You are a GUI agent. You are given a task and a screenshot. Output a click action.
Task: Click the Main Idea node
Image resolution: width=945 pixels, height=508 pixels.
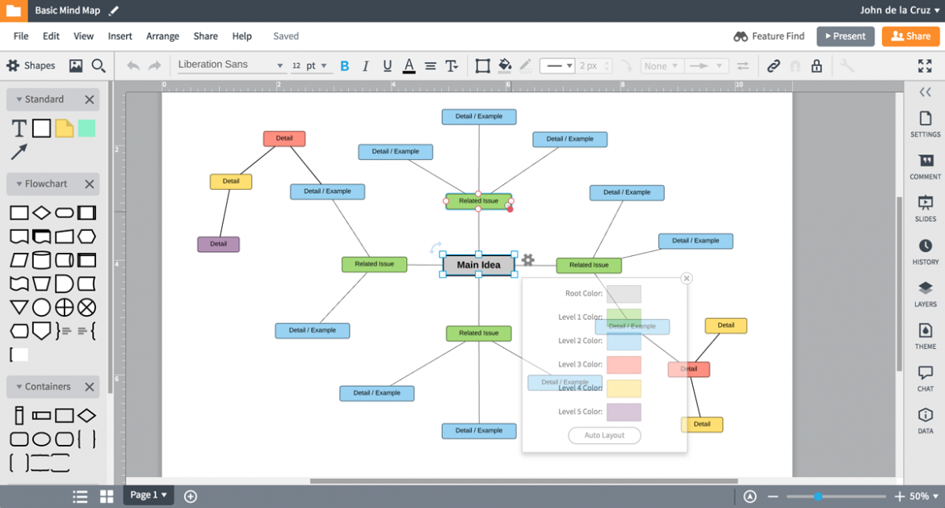click(478, 265)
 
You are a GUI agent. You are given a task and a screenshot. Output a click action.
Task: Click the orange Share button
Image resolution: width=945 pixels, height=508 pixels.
click(910, 36)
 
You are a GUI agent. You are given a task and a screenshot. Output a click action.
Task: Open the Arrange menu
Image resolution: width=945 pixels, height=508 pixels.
click(162, 36)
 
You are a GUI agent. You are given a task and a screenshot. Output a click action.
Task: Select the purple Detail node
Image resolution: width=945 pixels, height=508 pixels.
click(218, 244)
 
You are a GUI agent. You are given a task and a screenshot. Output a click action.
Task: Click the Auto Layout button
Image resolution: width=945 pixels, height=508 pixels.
click(604, 435)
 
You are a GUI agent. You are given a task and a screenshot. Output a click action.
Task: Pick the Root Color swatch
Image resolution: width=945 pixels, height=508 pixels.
click(624, 294)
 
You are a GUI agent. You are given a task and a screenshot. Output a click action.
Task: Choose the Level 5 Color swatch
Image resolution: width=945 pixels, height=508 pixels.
click(624, 412)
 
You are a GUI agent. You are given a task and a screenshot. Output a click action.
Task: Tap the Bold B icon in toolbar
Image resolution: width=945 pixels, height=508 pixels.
click(345, 66)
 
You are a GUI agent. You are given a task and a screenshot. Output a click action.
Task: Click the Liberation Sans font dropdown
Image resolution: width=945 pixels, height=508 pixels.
click(230, 65)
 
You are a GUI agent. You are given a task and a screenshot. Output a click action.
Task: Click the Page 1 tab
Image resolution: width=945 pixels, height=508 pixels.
click(148, 495)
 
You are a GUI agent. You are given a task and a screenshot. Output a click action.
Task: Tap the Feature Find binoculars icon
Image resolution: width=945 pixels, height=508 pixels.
click(741, 36)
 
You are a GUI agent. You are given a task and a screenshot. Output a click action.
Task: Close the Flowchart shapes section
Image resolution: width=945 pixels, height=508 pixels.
click(90, 184)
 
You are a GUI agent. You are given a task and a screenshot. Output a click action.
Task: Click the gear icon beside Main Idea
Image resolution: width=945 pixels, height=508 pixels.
click(527, 260)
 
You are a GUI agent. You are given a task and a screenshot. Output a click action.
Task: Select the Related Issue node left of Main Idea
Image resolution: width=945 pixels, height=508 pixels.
click(374, 264)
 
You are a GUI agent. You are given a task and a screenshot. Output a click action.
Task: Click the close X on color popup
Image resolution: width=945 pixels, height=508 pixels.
click(687, 279)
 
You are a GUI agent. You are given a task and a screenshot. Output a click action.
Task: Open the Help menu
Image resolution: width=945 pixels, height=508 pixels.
click(241, 36)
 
